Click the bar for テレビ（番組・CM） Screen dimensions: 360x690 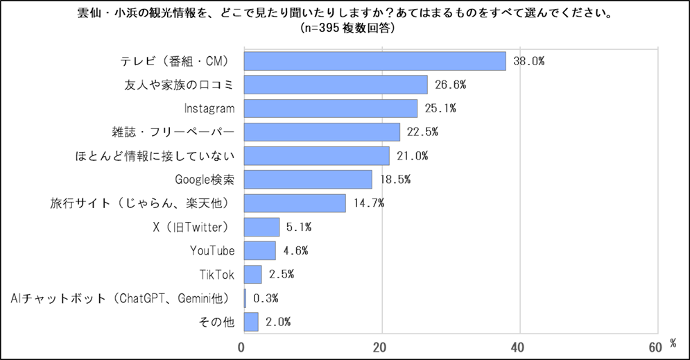(x=374, y=61)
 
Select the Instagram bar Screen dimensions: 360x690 (x=330, y=108)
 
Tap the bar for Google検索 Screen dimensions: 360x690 (x=307, y=180)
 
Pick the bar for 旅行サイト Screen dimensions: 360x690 (x=294, y=203)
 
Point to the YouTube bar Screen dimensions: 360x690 (x=259, y=250)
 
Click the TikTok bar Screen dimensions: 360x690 (x=252, y=274)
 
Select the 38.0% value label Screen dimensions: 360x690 (x=528, y=61)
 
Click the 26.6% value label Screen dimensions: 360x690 (x=449, y=85)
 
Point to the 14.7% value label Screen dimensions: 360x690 (x=368, y=203)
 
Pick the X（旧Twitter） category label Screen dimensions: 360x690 (x=189, y=227)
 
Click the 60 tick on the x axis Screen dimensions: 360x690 (x=655, y=346)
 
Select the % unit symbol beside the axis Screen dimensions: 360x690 (x=673, y=343)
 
